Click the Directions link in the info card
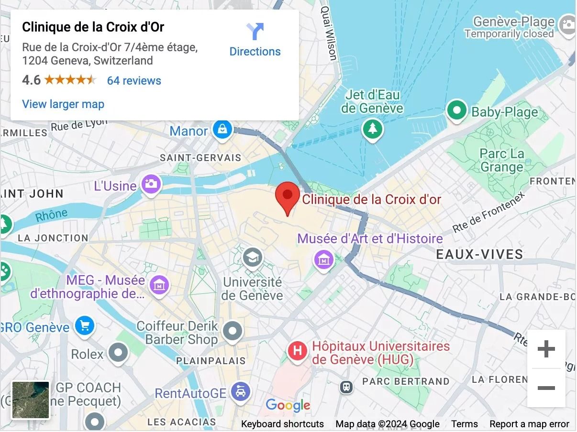pos(255,40)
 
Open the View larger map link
pos(63,104)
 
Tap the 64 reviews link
pos(134,81)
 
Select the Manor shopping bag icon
pos(222,129)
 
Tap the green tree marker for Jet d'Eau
pos(372,129)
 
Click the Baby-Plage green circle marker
pos(456,111)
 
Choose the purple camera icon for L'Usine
pos(151,184)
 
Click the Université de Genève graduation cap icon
pos(252,258)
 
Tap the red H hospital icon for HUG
pos(297,352)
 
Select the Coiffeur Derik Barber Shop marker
pos(233,330)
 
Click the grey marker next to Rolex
pos(118,354)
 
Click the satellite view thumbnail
pos(31,400)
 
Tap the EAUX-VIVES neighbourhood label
pos(479,254)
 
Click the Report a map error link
pos(529,424)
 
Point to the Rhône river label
pos(51,216)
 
